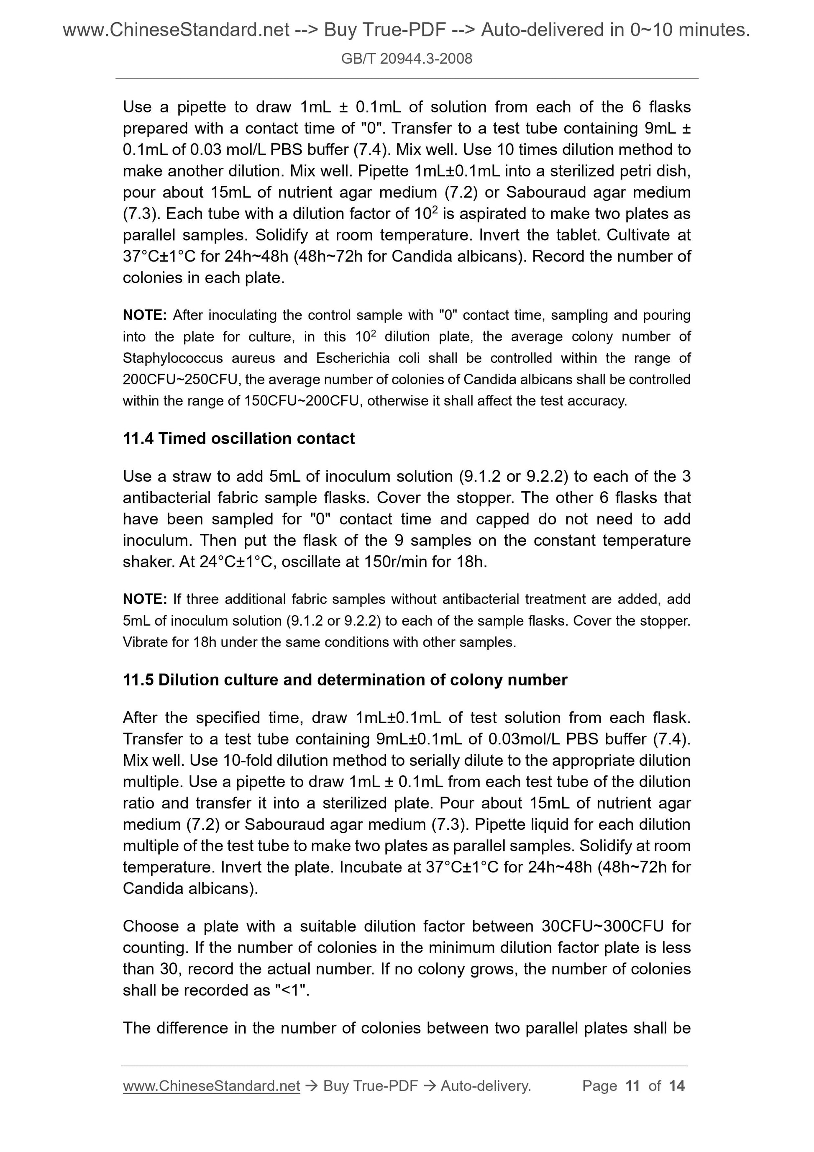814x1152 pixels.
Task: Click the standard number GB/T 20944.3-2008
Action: coord(406,59)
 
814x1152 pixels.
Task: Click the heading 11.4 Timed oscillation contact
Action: coord(239,439)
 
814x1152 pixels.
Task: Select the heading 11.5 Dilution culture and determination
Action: coord(345,680)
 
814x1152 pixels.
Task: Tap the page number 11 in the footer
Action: coord(632,1086)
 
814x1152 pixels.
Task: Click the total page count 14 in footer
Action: coord(676,1086)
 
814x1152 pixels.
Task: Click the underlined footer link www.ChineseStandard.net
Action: coord(211,1086)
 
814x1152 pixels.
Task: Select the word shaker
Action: coord(148,562)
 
